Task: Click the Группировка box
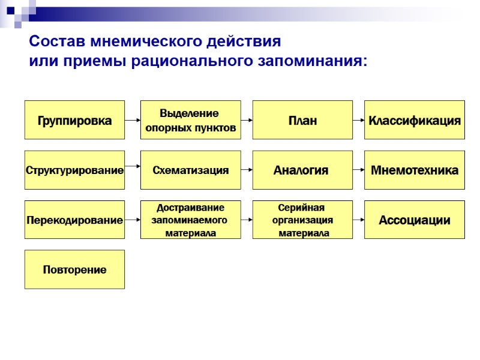(x=74, y=120)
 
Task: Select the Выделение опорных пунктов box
(x=190, y=120)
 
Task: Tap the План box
(x=302, y=120)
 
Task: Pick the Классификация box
(x=415, y=120)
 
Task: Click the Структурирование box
(x=74, y=170)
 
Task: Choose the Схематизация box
(x=190, y=170)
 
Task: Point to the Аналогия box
(x=302, y=170)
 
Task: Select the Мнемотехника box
(x=415, y=170)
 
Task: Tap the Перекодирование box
(x=74, y=220)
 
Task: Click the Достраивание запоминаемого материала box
(x=190, y=220)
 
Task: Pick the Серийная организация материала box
(x=302, y=220)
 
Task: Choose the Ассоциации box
(x=415, y=220)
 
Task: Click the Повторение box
(x=74, y=269)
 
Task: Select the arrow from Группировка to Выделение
(x=132, y=120)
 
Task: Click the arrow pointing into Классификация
(x=358, y=120)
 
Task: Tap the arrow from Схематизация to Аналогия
(x=246, y=170)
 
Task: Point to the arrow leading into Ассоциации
(x=358, y=220)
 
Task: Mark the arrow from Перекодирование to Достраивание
(x=132, y=220)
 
